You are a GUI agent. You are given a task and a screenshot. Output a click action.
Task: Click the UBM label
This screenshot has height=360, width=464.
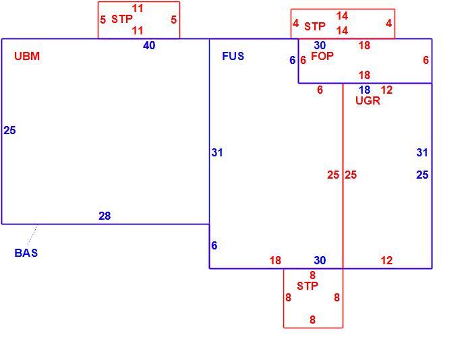[27, 56]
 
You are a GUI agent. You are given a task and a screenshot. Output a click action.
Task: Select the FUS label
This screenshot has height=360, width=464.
[233, 56]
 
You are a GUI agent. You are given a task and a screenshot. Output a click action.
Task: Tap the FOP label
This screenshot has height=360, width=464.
[322, 56]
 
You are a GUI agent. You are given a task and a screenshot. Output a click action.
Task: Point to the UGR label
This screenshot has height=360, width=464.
[368, 100]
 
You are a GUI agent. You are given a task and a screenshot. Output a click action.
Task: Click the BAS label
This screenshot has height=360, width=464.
[26, 253]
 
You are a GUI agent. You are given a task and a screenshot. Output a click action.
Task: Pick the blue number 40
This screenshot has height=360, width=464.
[149, 45]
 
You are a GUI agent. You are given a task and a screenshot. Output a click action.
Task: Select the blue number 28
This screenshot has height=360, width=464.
[105, 216]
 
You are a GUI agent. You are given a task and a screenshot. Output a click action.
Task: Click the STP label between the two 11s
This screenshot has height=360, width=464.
[122, 20]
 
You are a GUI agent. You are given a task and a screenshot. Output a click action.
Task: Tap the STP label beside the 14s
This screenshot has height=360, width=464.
[315, 26]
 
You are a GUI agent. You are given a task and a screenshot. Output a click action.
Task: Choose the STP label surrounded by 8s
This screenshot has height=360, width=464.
[308, 286]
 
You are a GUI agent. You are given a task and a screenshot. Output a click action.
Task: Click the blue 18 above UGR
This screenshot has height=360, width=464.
[364, 90]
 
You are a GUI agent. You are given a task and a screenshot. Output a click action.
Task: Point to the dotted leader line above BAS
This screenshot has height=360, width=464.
[32, 235]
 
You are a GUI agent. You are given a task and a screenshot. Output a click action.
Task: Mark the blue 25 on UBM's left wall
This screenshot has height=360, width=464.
[9, 130]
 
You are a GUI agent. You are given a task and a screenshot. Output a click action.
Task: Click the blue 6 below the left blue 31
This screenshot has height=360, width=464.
[214, 245]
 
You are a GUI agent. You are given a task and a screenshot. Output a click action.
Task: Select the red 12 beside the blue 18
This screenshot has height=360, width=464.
[386, 90]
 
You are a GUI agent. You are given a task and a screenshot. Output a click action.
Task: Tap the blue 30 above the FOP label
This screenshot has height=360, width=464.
[320, 45]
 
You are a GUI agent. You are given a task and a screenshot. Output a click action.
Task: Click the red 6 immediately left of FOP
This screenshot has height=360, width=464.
[303, 60]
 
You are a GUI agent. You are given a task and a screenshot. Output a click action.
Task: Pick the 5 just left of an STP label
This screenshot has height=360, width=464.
[103, 20]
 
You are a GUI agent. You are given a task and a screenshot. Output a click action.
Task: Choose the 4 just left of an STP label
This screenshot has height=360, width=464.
[295, 23]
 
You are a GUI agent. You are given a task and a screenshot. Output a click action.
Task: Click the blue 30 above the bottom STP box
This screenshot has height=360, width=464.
[320, 260]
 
